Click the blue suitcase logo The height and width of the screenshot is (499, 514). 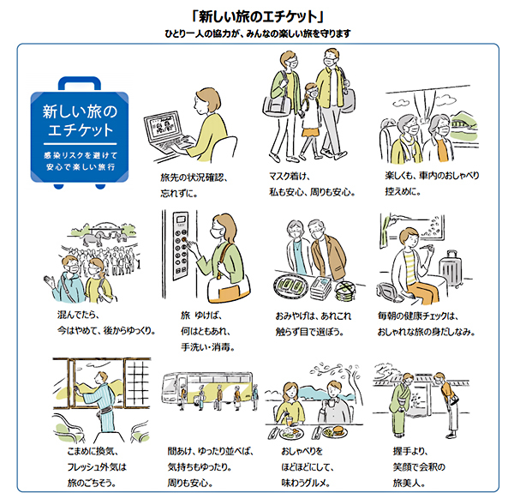(80, 133)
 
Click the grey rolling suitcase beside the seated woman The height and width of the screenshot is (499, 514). (451, 269)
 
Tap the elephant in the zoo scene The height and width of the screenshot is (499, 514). (94, 238)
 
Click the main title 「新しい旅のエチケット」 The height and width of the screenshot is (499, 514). (258, 16)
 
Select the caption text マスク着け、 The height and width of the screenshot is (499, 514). (290, 176)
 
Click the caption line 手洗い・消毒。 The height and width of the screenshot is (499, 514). (208, 346)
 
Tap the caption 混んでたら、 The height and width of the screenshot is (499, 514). (78, 315)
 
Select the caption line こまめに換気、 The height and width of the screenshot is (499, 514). (93, 451)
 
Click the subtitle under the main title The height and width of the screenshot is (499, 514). (258, 33)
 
